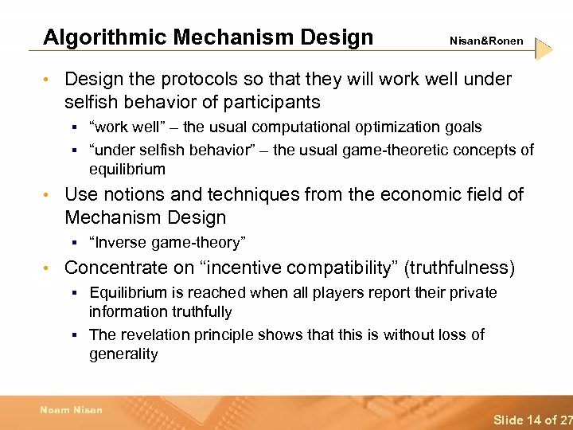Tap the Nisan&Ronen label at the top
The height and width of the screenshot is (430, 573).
click(x=486, y=41)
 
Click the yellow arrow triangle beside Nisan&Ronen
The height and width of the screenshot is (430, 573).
click(x=544, y=49)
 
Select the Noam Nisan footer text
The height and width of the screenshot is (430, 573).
click(x=72, y=410)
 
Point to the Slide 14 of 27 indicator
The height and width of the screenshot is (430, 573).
click(x=532, y=419)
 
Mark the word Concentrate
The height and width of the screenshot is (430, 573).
click(x=118, y=268)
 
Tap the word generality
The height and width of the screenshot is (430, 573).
click(x=123, y=354)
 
